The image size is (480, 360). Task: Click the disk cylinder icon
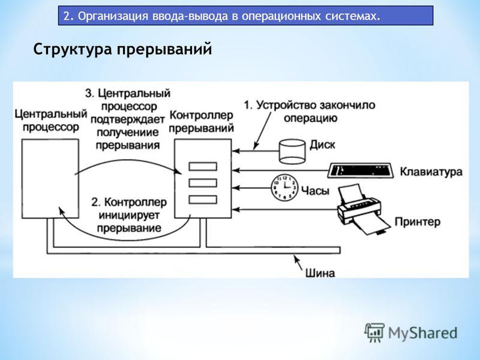pos(292,151)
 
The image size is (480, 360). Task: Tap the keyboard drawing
pos(361,170)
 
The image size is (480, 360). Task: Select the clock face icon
pos(284,187)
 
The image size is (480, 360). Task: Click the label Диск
pos(322,145)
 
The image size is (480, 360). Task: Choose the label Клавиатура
pos(431,172)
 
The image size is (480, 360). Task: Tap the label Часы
pos(316,191)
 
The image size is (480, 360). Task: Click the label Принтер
pos(418,221)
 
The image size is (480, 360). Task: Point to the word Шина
pos(320,273)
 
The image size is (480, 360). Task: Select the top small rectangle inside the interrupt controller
pos(203,167)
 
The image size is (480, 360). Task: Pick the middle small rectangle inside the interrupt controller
pos(203,183)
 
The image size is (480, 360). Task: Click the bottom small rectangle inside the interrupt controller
pos(203,200)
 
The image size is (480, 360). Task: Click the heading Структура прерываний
pos(122,49)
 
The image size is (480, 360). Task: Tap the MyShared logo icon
pos(374,332)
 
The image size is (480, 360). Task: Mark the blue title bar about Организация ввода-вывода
pos(245,16)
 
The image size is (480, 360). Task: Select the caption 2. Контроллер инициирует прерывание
pos(129,215)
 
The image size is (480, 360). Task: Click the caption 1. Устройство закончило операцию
pos(310,112)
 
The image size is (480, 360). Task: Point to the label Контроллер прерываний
pos(201,122)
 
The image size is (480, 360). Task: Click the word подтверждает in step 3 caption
pos(128,119)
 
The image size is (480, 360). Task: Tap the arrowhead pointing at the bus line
pos(296,258)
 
